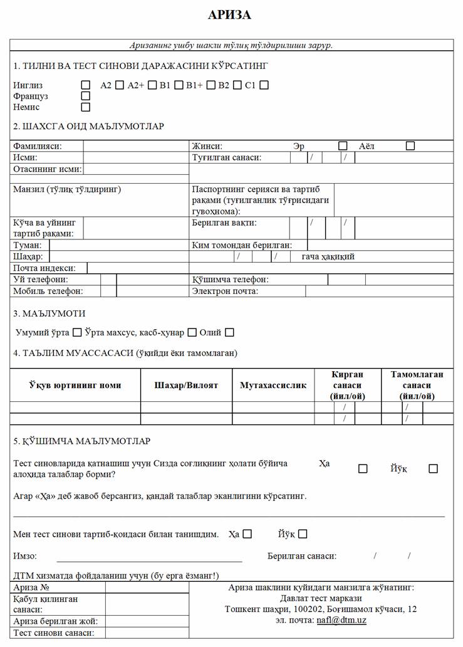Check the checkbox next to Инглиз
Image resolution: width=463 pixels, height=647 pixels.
coord(86,85)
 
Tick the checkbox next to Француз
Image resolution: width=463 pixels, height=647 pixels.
coord(86,96)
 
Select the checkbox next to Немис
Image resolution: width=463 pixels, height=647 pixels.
coord(86,107)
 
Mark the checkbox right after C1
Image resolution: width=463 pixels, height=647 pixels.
coord(264,85)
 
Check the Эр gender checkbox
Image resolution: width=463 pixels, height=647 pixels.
coord(343,146)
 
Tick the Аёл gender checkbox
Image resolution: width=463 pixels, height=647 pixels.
coord(410,146)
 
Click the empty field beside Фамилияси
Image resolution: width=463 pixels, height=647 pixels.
coord(136,146)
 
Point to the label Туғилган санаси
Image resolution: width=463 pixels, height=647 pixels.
coord(226,157)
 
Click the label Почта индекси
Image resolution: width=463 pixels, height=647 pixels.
coord(48,268)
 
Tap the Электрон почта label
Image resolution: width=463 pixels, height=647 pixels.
coord(225,291)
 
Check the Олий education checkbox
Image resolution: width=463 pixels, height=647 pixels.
coord(230,333)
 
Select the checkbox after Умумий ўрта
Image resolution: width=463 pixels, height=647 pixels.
coord(78,333)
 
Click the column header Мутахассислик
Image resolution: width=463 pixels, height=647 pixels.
coord(273,385)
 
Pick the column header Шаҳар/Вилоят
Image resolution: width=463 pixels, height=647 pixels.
coord(186,385)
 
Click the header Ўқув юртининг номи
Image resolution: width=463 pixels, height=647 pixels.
coord(75,385)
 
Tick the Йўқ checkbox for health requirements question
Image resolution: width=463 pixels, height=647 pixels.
coord(433,468)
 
